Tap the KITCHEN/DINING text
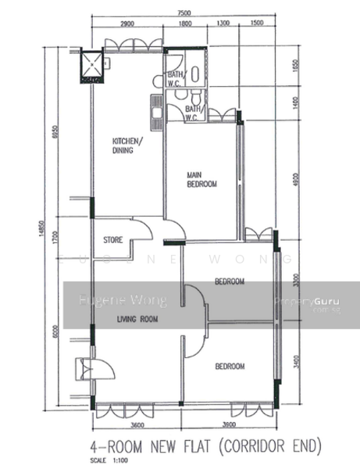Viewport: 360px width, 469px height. click(x=127, y=145)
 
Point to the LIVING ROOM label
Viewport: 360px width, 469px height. click(x=137, y=319)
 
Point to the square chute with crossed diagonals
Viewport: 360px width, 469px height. click(x=92, y=67)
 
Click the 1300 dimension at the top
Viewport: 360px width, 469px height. click(x=223, y=25)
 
